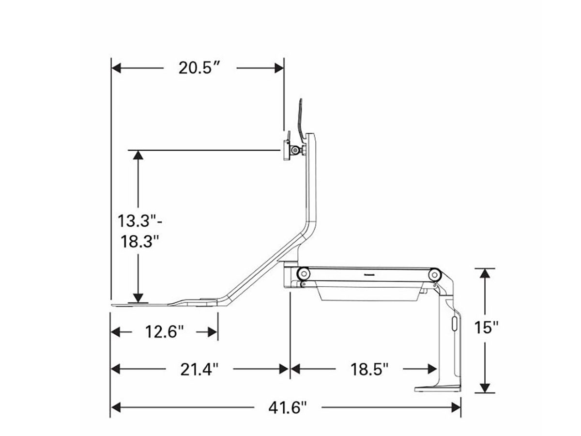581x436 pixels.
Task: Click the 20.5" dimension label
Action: pos(199,68)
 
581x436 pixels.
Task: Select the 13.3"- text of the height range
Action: pos(140,221)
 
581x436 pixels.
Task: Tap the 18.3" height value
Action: pos(140,241)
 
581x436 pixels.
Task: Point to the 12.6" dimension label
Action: pos(164,331)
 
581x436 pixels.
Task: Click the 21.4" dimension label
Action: pos(199,369)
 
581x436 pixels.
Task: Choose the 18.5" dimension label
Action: pos(369,369)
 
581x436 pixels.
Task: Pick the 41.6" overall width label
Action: pos(288,408)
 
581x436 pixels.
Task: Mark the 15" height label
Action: pos(486,328)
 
